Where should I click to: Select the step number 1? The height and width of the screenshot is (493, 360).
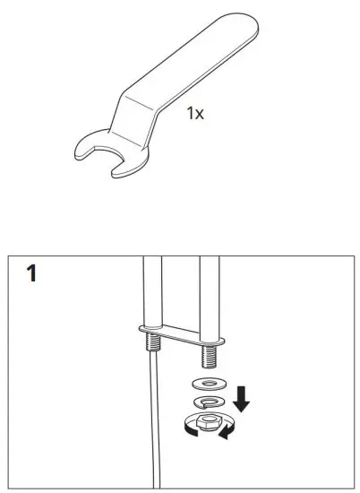pyautogui.click(x=32, y=273)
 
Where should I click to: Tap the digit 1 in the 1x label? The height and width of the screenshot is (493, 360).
pyautogui.click(x=191, y=114)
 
